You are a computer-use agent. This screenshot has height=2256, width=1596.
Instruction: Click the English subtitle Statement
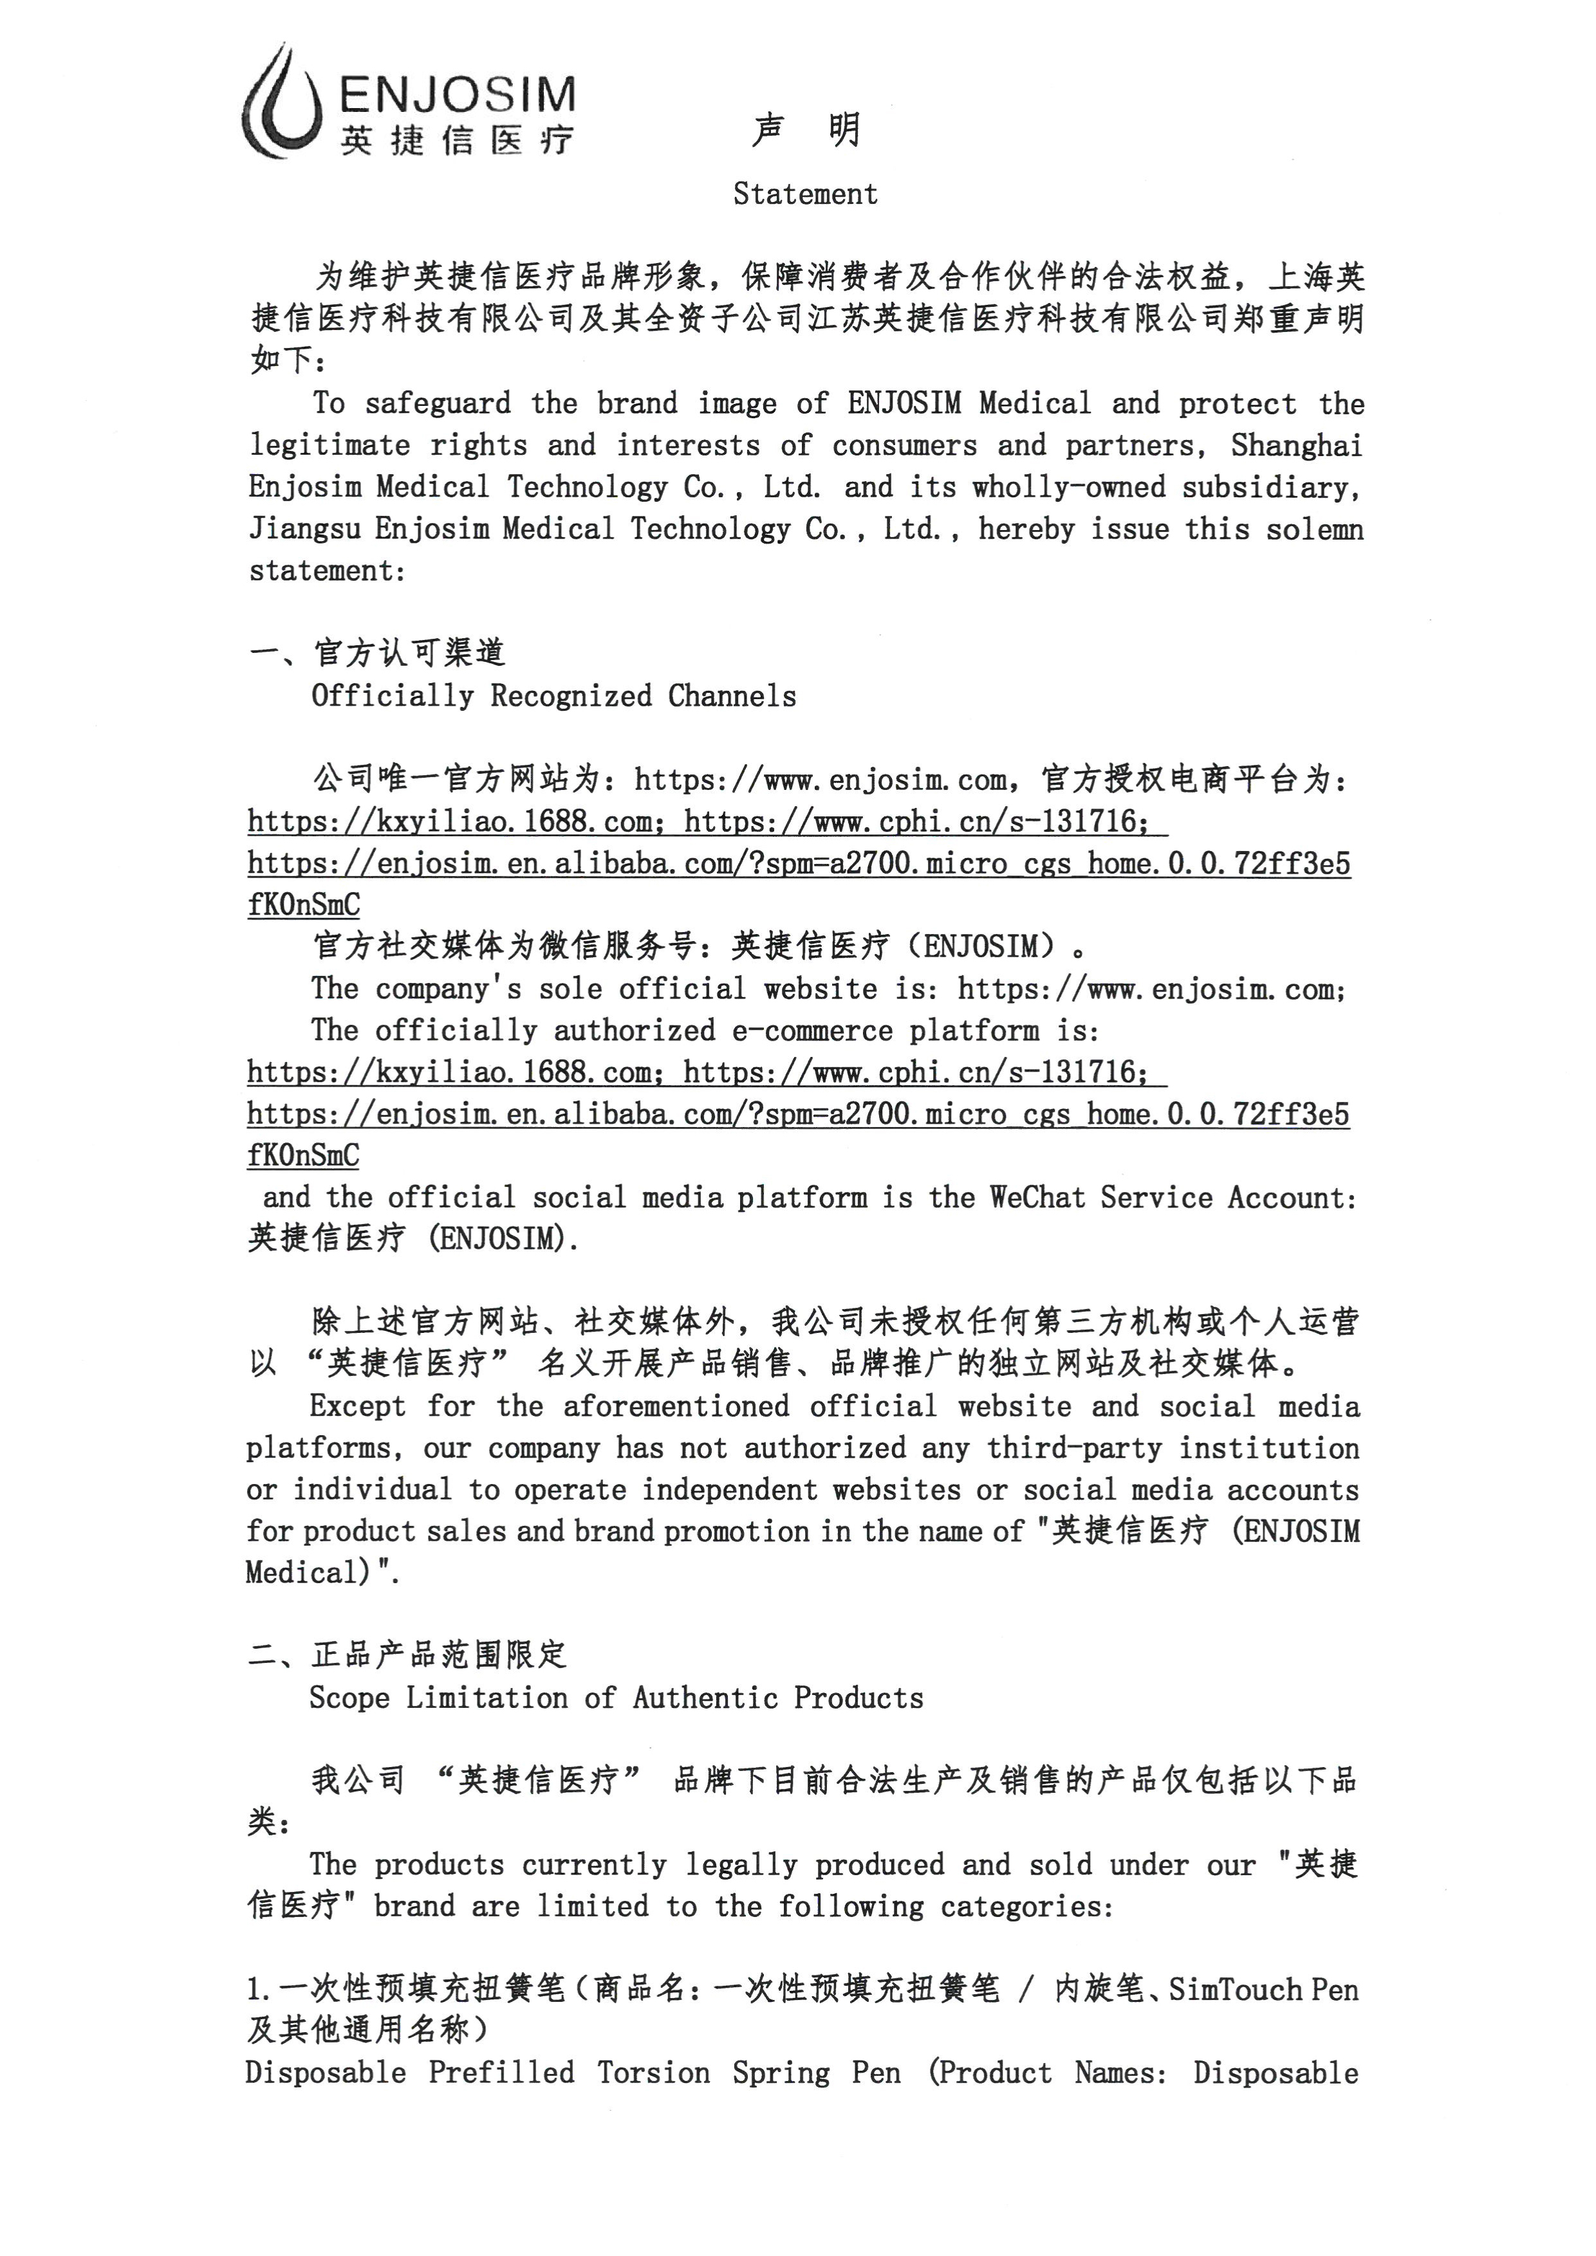[805, 194]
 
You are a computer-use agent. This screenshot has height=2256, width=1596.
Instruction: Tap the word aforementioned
[676, 1407]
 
